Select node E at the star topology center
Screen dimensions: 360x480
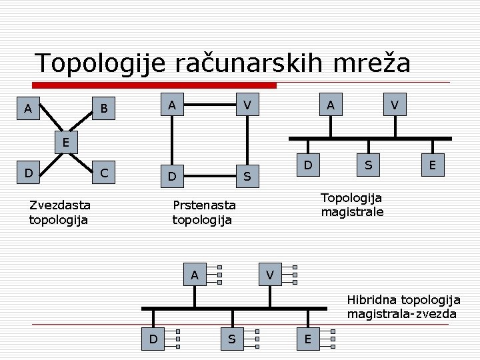pyautogui.click(x=65, y=142)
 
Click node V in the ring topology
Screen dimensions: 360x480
pyautogui.click(x=247, y=105)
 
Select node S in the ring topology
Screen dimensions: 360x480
pyautogui.click(x=247, y=177)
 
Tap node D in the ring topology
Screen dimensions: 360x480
pyautogui.click(x=172, y=177)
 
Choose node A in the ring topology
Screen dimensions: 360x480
pyautogui.click(x=172, y=105)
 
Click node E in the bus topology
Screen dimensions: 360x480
pyautogui.click(x=433, y=165)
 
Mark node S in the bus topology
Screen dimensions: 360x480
pyautogui.click(x=367, y=164)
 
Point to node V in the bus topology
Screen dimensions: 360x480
pyautogui.click(x=395, y=105)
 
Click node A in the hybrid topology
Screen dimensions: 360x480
pyautogui.click(x=194, y=274)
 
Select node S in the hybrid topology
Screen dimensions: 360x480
pyautogui.click(x=231, y=339)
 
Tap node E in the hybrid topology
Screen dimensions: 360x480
pyautogui.click(x=307, y=339)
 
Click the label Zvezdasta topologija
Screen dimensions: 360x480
pyautogui.click(x=60, y=212)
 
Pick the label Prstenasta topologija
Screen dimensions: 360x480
pyautogui.click(x=204, y=212)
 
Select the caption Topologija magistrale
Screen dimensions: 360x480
pyautogui.click(x=352, y=205)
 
